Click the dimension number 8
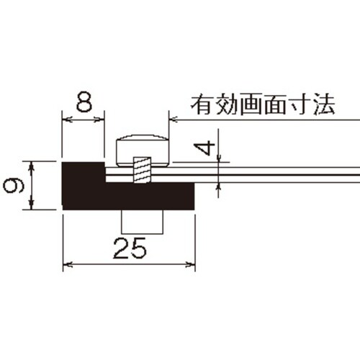coord(84,102)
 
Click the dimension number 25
coord(130,248)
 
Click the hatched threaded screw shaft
coord(143,170)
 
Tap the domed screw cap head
coord(143,150)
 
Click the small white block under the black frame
coord(143,221)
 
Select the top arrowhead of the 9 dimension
coord(32,166)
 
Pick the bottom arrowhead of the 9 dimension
coord(31,204)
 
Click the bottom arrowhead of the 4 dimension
coord(219,186)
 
